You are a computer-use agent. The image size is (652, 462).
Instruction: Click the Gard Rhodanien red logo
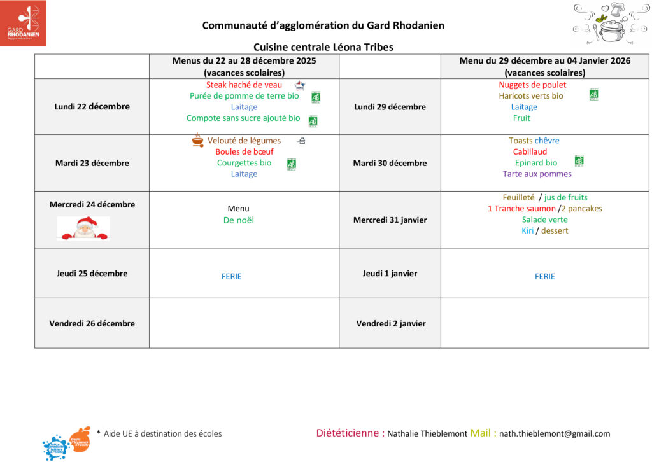[23, 23]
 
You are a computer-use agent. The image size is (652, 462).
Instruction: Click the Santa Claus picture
[83, 228]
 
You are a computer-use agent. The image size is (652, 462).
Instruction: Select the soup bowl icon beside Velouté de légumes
[198, 141]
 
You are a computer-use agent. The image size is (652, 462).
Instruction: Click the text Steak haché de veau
[244, 85]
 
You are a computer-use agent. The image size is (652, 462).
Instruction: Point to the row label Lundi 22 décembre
[92, 106]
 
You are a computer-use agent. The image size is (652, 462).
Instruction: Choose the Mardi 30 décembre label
[390, 163]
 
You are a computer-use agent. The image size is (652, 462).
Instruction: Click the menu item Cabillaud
[530, 151]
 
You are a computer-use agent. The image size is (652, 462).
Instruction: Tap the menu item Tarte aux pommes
[537, 174]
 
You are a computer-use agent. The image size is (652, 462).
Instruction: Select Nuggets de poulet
[532, 85]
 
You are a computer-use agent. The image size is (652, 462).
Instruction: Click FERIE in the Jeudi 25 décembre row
[232, 276]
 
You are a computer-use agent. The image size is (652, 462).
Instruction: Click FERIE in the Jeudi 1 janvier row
[545, 276]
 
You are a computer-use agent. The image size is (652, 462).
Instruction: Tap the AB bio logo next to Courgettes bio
[292, 164]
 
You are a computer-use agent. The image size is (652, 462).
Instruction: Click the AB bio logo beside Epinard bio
[579, 161]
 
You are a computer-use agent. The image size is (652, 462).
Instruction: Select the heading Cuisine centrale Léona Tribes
[323, 47]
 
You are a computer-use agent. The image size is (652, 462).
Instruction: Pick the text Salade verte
[544, 220]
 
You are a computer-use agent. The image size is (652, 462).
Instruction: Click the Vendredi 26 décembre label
[92, 323]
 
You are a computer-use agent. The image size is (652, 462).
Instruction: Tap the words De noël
[238, 220]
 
